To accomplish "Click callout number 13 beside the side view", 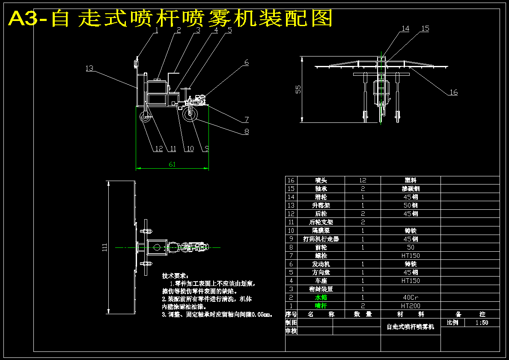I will (89, 68).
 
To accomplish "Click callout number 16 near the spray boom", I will (453, 92).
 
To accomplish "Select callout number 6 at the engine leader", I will (247, 62).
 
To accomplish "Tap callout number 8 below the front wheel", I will (247, 132).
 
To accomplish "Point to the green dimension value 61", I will (172, 164).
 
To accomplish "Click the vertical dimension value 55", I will (299, 89).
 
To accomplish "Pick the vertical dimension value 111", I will (104, 247).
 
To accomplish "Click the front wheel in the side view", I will (190, 114).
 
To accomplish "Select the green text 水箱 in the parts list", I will (321, 297).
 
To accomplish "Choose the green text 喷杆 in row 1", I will (321, 306).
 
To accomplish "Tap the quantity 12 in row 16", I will (363, 180).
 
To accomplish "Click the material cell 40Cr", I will (411, 297).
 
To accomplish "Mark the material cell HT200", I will (411, 306).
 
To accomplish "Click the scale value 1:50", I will (482, 323).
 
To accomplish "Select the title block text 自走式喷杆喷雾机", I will (410, 327).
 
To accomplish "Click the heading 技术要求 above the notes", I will (175, 277).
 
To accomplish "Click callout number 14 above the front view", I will (405, 29).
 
